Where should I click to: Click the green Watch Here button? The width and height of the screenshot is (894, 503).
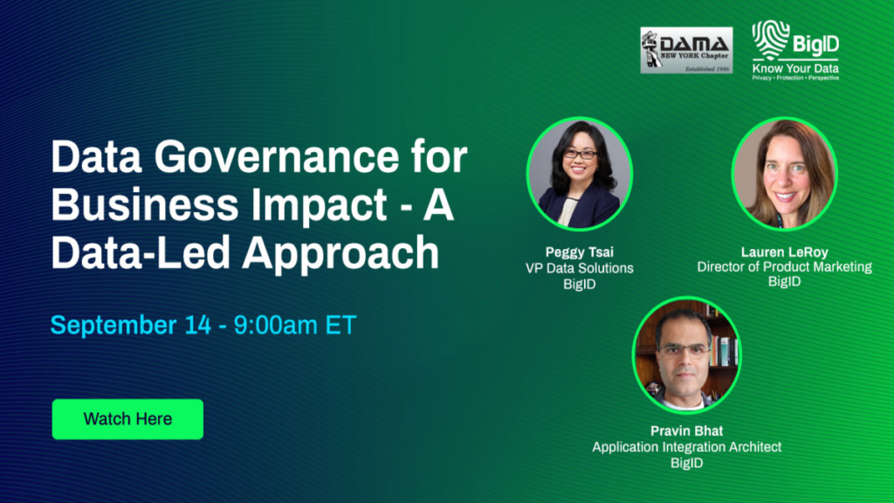pos(127,419)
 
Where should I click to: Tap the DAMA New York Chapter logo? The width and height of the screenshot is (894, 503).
pos(686,50)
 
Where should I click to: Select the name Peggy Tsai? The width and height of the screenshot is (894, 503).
pos(580,252)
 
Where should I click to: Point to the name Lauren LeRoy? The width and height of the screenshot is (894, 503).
pos(785,252)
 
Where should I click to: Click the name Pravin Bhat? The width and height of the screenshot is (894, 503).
pos(686,431)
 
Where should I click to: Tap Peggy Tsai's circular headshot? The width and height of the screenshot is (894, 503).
pos(580,174)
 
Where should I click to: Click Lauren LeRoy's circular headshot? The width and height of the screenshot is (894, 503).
pos(785,174)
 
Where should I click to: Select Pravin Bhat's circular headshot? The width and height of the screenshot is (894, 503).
pos(686,355)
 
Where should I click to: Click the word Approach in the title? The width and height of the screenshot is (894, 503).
pos(341,253)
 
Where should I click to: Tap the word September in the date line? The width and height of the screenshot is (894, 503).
pos(113,325)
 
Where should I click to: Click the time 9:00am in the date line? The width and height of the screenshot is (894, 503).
pos(275,325)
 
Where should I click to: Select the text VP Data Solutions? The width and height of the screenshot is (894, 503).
pos(580,268)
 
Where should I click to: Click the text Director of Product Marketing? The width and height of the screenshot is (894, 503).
pos(785,267)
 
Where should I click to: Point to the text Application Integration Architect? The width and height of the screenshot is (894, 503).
pos(686,447)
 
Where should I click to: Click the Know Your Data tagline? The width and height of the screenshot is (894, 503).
pos(795,68)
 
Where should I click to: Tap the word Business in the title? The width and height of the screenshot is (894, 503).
pos(145,204)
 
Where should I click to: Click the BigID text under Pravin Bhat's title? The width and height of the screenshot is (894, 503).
pos(686,463)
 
